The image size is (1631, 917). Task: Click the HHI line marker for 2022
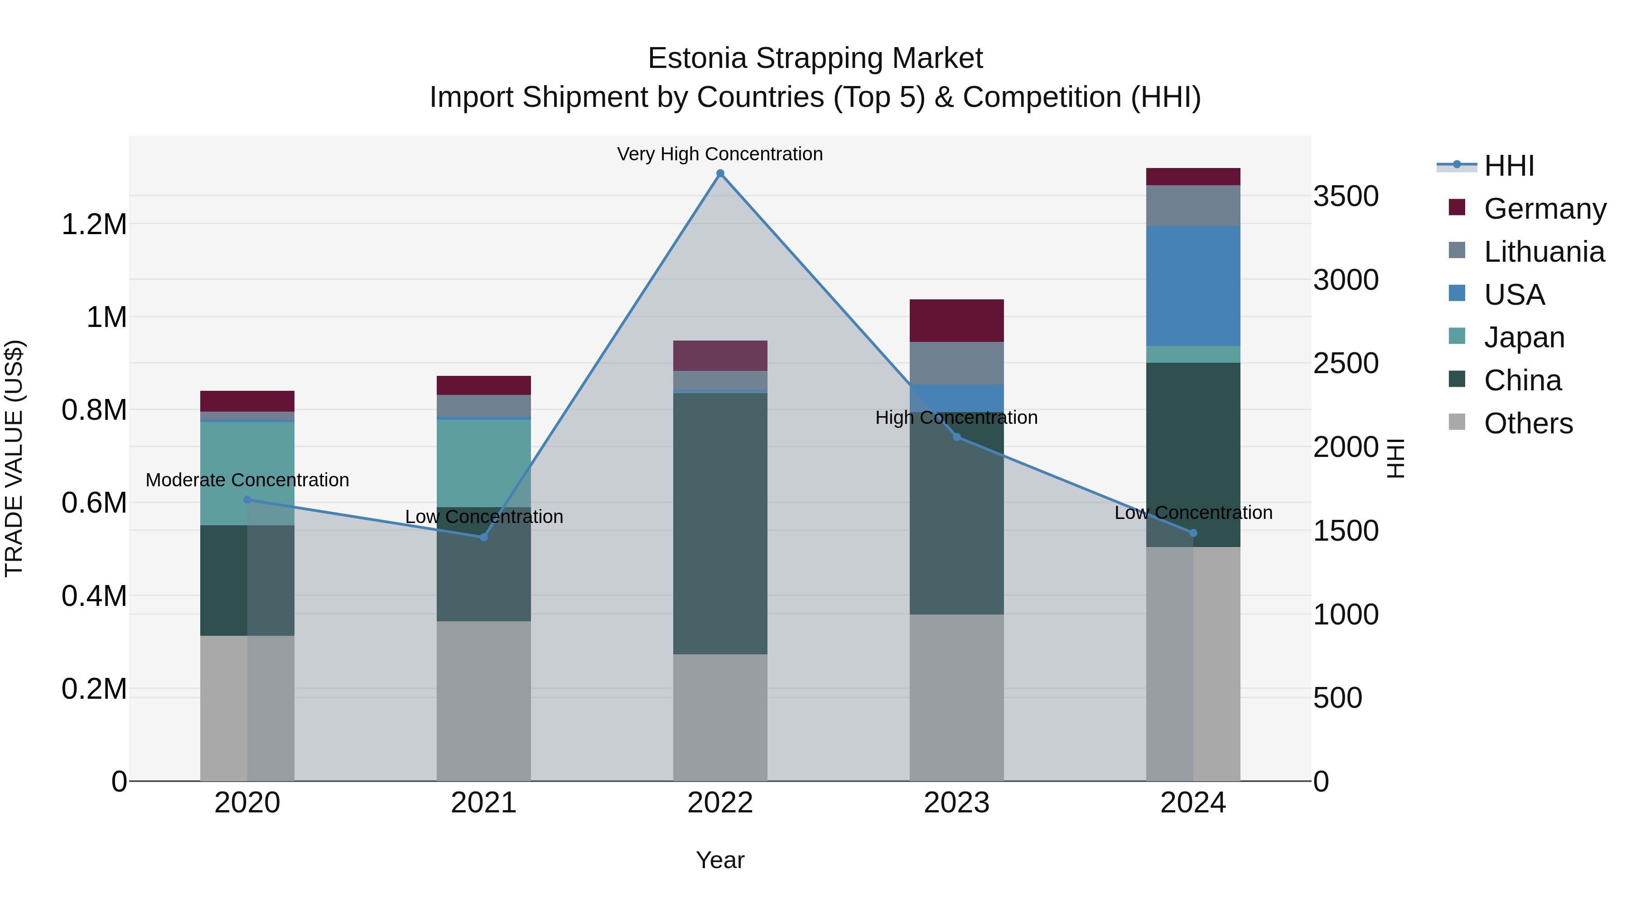[x=720, y=173]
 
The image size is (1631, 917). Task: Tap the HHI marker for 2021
[x=484, y=537]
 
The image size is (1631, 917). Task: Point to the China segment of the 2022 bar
[x=720, y=523]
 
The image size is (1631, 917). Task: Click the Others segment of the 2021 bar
[x=484, y=701]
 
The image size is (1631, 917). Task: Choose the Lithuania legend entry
[x=1543, y=252]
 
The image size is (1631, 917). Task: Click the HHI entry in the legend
[x=1508, y=166]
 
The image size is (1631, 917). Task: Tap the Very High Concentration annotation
[x=720, y=154]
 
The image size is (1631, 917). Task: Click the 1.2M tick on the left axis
[x=94, y=225]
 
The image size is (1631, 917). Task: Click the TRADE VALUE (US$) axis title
[x=14, y=458]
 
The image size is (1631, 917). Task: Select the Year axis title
[x=720, y=860]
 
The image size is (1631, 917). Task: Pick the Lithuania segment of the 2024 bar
[x=1193, y=206]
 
